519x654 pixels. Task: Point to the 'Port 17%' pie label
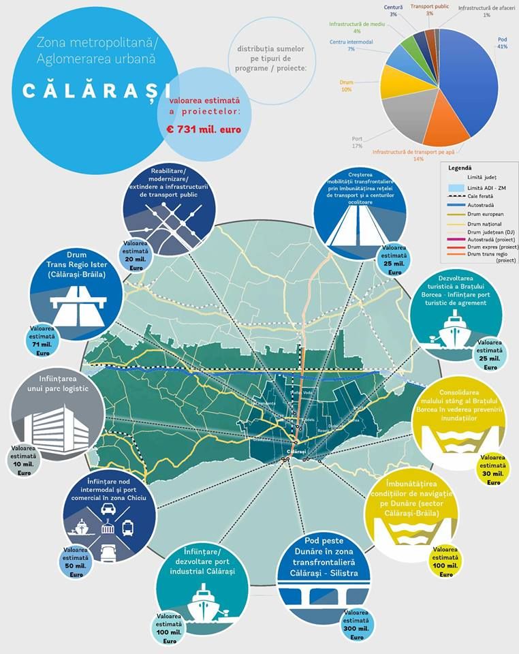point(357,142)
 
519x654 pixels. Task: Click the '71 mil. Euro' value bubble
point(45,341)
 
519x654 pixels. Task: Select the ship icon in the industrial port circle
point(202,600)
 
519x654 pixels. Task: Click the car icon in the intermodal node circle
point(108,509)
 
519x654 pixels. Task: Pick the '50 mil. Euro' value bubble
point(76,562)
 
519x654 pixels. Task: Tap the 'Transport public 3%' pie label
point(430,10)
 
